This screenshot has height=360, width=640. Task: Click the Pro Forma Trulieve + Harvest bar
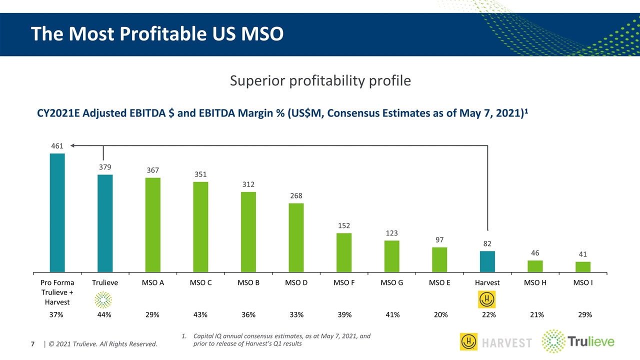[57, 213]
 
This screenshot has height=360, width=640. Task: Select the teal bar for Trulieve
[105, 223]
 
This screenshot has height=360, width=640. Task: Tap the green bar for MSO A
[152, 225]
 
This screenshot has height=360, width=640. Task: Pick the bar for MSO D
[296, 238]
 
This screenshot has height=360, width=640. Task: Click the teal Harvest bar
[487, 262]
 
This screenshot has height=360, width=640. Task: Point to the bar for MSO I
[582, 267]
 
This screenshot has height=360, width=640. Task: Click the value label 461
[57, 146]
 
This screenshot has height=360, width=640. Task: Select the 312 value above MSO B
[248, 184]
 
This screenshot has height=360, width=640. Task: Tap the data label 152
[343, 225]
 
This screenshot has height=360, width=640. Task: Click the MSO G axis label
[391, 282]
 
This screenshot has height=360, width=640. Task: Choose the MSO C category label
[200, 282]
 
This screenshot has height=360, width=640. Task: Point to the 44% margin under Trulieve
[104, 314]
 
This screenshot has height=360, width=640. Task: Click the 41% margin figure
[392, 314]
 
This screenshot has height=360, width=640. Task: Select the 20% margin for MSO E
[440, 314]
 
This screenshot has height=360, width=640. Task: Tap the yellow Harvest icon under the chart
[487, 299]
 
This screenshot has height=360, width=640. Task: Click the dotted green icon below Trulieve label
[103, 299]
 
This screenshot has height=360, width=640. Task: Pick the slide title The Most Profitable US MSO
[157, 33]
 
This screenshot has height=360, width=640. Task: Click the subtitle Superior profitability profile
[320, 80]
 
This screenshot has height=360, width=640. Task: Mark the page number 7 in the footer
[33, 344]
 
